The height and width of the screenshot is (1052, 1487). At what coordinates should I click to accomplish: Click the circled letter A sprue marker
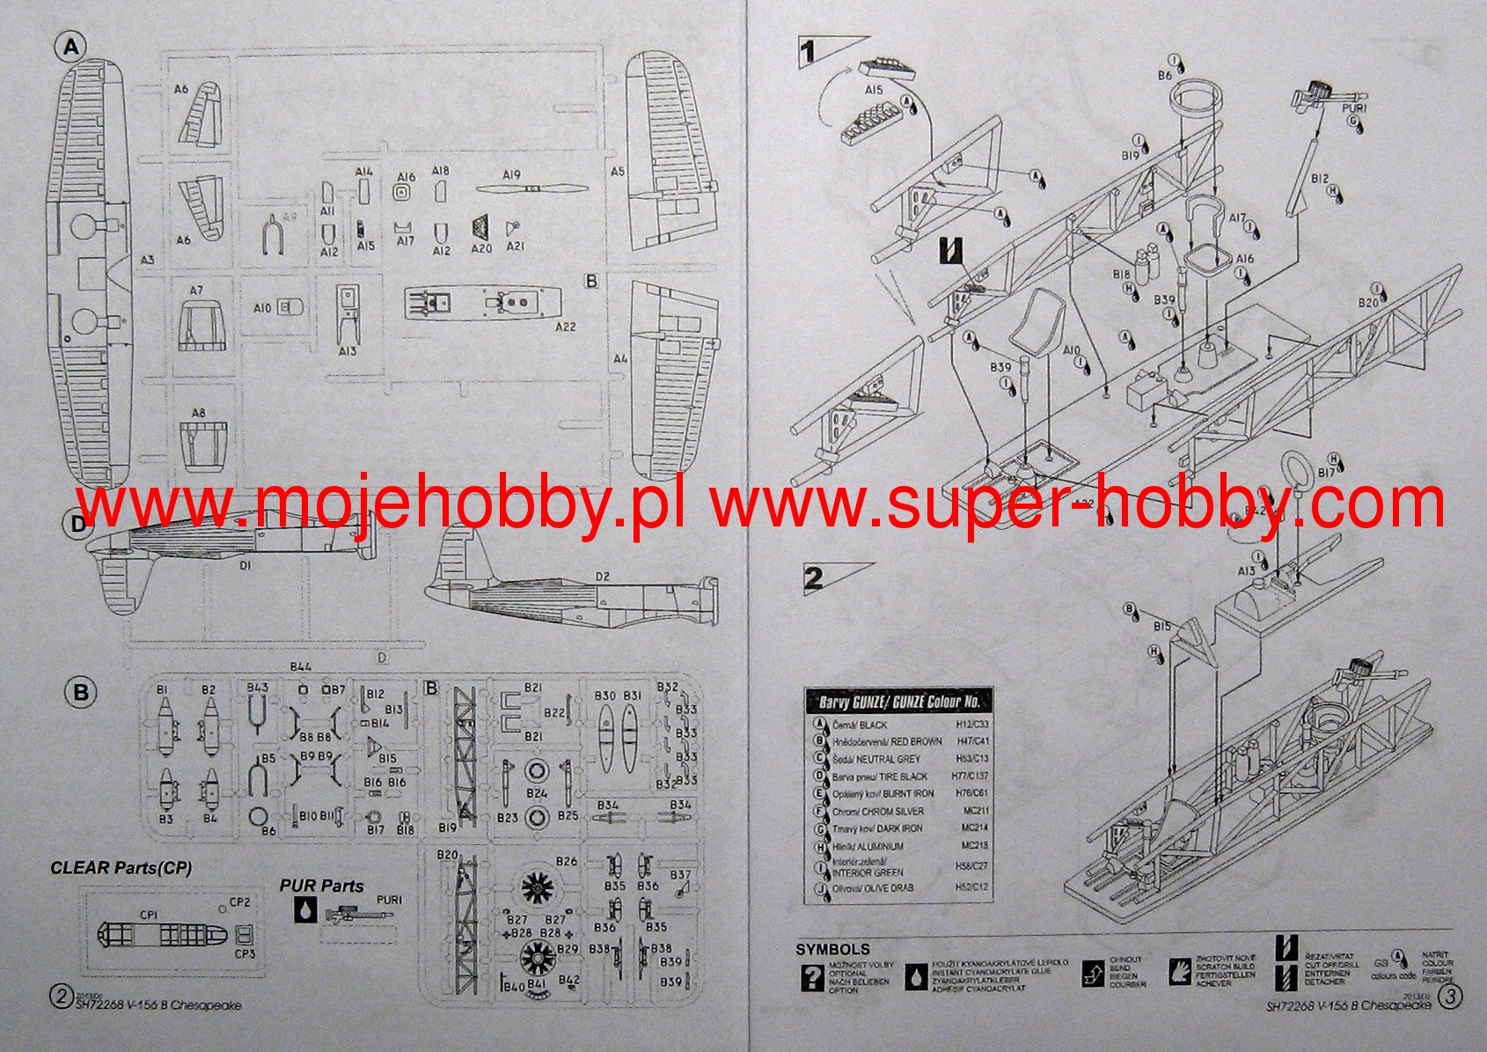coord(70,48)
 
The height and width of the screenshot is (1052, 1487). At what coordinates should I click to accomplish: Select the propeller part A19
coord(531,188)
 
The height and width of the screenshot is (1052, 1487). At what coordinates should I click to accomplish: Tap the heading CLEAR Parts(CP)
coord(121,867)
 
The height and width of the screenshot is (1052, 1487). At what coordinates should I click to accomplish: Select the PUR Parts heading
coord(321,886)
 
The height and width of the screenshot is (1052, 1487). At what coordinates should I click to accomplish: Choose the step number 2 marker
coord(814,578)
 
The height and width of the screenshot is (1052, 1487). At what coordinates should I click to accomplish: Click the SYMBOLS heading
coord(832,949)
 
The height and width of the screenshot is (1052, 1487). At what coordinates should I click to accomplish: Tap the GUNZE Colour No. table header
coord(899,703)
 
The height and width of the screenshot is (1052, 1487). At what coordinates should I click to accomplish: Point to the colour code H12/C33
coord(971,725)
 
